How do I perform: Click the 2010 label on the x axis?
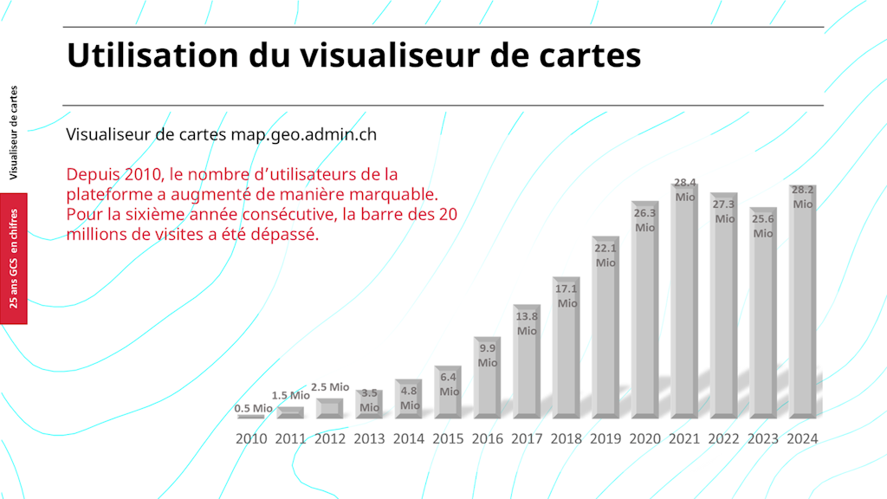click(x=251, y=438)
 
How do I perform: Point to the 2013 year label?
click(x=370, y=438)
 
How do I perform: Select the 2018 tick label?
click(x=567, y=438)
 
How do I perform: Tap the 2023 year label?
click(x=763, y=438)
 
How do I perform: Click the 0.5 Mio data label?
click(x=253, y=408)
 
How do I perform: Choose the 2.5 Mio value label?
click(x=329, y=387)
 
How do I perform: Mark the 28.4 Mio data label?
click(x=685, y=190)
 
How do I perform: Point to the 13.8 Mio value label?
click(x=527, y=324)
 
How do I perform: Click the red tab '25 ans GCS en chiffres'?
click(x=14, y=258)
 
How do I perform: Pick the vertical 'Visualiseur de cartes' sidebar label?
click(x=14, y=132)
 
